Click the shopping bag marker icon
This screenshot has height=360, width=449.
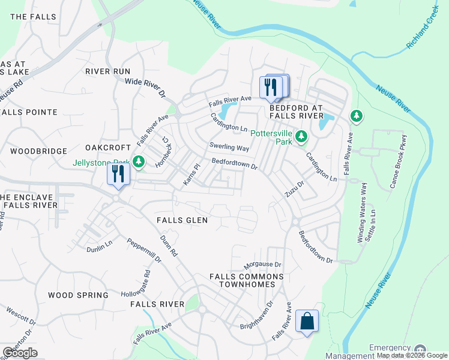pos(307,321)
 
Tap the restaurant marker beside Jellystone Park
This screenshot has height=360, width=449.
pos(118,175)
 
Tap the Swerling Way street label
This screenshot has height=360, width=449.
pos(229,147)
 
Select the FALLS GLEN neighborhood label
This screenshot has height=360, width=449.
pos(182,220)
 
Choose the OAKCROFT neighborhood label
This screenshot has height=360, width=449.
pos(108,148)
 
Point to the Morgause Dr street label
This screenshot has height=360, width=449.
pos(263,265)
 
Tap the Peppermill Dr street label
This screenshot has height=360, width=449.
pos(144,250)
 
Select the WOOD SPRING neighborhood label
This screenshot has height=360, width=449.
pos(78,295)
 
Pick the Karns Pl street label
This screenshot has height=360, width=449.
pos(191,173)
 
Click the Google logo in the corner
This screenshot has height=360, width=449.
pos(20,353)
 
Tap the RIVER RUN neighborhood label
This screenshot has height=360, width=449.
pos(107,71)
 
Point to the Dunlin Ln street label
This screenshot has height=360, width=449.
pos(99,245)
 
